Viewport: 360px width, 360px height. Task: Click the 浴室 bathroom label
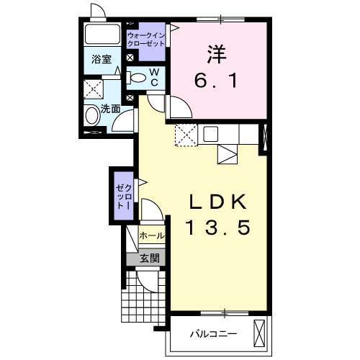tap(102, 59)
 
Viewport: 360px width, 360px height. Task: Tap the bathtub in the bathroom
tap(102, 34)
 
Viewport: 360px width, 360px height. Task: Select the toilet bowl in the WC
tap(137, 78)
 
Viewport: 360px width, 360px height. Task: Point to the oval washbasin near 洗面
tap(93, 115)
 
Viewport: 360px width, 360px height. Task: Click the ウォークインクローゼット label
tap(146, 40)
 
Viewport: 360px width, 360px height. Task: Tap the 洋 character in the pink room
tap(217, 55)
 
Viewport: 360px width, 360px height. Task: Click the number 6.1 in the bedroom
tap(216, 81)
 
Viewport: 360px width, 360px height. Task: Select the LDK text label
tap(218, 202)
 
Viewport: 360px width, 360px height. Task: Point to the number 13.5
tap(218, 228)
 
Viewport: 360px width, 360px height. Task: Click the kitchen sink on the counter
tap(211, 134)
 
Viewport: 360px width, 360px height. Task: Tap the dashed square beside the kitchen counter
tap(186, 135)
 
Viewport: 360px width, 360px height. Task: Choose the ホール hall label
tap(152, 235)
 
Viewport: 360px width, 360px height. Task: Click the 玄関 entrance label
tap(150, 258)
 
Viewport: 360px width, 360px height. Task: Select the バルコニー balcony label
tap(213, 334)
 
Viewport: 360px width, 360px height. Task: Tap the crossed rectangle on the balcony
tap(259, 333)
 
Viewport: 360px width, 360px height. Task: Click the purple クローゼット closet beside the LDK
tap(125, 196)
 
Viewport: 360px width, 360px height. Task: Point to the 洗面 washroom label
tap(110, 109)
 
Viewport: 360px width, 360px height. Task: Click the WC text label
tap(155, 77)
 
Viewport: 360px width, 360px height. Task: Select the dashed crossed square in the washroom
tap(94, 89)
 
